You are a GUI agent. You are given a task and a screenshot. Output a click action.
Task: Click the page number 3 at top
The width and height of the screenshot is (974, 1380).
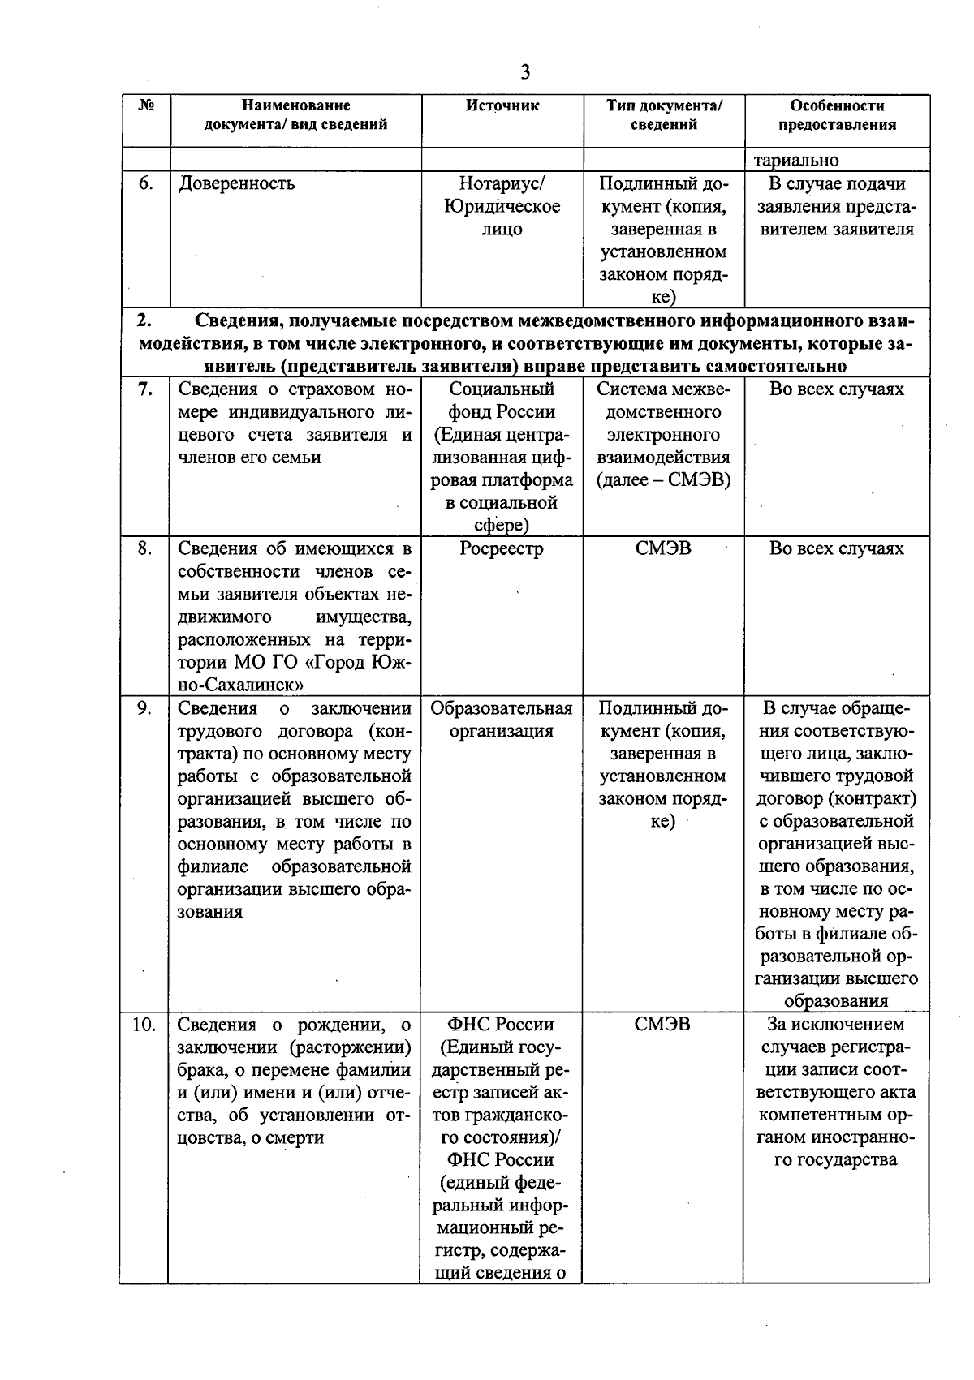click(525, 73)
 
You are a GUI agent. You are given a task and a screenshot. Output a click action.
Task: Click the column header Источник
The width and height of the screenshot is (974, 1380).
click(502, 105)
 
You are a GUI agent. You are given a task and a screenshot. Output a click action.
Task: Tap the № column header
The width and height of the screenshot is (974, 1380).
click(145, 105)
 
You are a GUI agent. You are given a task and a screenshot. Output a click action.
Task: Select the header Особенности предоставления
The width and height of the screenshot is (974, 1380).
click(837, 115)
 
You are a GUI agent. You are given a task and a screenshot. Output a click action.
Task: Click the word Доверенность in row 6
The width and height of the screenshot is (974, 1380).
click(236, 183)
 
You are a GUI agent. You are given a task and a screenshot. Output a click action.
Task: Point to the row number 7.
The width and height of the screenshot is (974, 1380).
click(144, 389)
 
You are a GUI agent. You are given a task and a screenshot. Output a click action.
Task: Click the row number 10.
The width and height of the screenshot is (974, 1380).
click(144, 1025)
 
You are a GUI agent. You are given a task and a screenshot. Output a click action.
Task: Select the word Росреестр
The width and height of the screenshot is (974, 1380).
click(502, 549)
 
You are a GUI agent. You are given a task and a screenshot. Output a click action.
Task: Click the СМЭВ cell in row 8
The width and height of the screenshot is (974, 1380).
click(663, 549)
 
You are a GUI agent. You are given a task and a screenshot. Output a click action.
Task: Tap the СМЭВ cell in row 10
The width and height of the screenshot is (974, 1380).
click(663, 1025)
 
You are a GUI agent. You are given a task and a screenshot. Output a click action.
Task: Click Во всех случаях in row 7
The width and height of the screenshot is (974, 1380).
click(836, 389)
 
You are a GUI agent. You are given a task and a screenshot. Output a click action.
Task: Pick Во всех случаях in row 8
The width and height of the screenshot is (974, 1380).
click(836, 549)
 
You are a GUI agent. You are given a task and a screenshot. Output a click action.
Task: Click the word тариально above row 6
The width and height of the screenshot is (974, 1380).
click(796, 161)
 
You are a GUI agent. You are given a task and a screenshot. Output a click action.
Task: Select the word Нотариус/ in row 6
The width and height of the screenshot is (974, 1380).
click(502, 183)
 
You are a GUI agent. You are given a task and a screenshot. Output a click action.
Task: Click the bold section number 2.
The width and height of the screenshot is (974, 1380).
click(144, 320)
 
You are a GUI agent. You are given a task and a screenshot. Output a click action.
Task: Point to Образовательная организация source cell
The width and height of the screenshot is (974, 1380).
click(502, 720)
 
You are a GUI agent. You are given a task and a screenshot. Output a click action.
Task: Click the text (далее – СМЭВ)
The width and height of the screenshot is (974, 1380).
click(663, 480)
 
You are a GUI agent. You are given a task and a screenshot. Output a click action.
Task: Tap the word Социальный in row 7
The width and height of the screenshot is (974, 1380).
click(502, 389)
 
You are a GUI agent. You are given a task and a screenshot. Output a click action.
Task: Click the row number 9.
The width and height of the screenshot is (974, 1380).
click(144, 708)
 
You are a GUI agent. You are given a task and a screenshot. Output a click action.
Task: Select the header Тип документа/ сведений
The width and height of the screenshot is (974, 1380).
click(664, 115)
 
